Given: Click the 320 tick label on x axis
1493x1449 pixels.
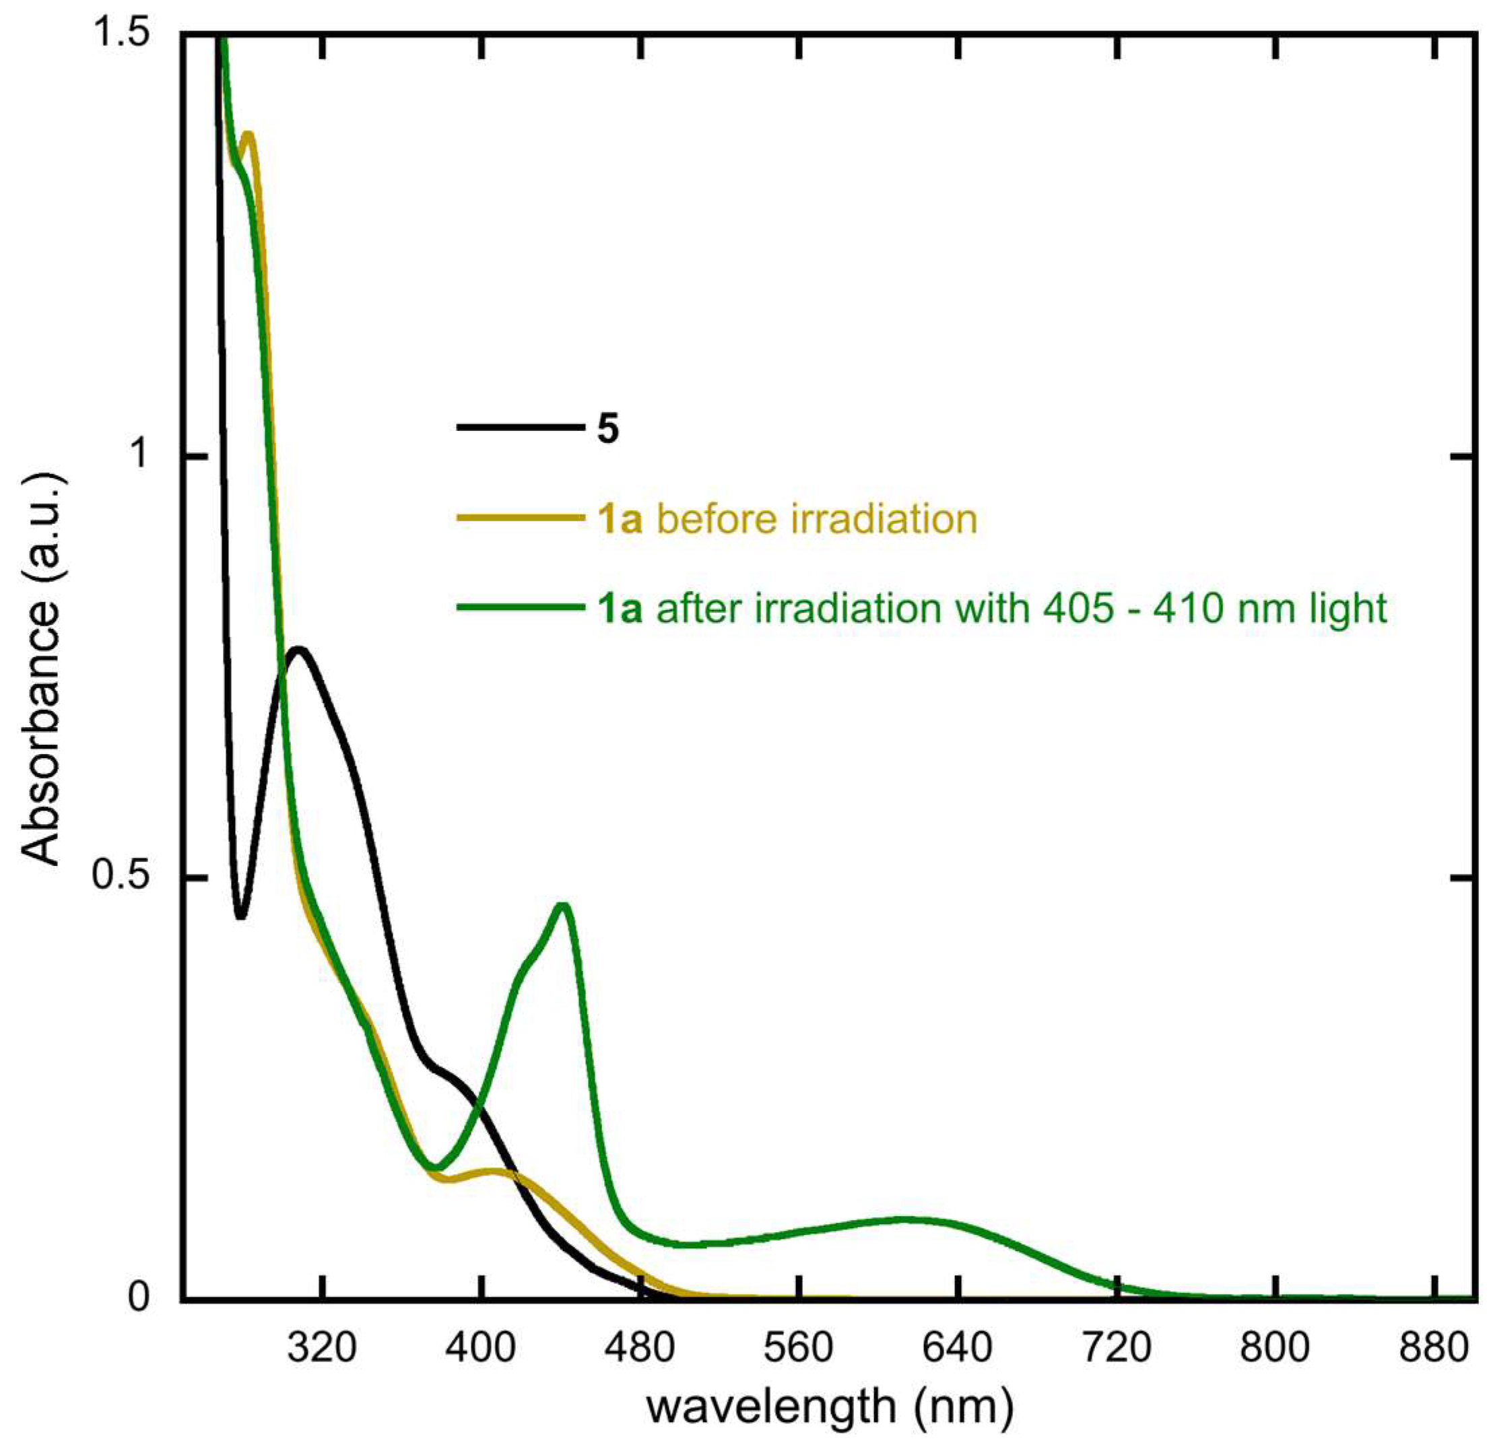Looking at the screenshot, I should point(322,1350).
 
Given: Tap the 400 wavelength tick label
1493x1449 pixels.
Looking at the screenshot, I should point(481,1350).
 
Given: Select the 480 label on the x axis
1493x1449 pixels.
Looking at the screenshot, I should point(640,1350).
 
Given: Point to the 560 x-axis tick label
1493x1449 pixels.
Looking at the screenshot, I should point(799,1350).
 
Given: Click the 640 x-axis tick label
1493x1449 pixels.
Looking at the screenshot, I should point(958,1350).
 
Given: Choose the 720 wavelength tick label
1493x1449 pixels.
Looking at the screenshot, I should point(1117,1350).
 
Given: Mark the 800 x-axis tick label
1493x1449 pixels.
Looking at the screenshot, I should point(1275,1350).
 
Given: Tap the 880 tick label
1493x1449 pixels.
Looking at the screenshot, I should point(1434,1350).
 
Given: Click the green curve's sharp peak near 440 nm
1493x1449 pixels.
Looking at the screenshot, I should point(563,904).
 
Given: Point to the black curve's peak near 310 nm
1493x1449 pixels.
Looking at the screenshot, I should point(298,650).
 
